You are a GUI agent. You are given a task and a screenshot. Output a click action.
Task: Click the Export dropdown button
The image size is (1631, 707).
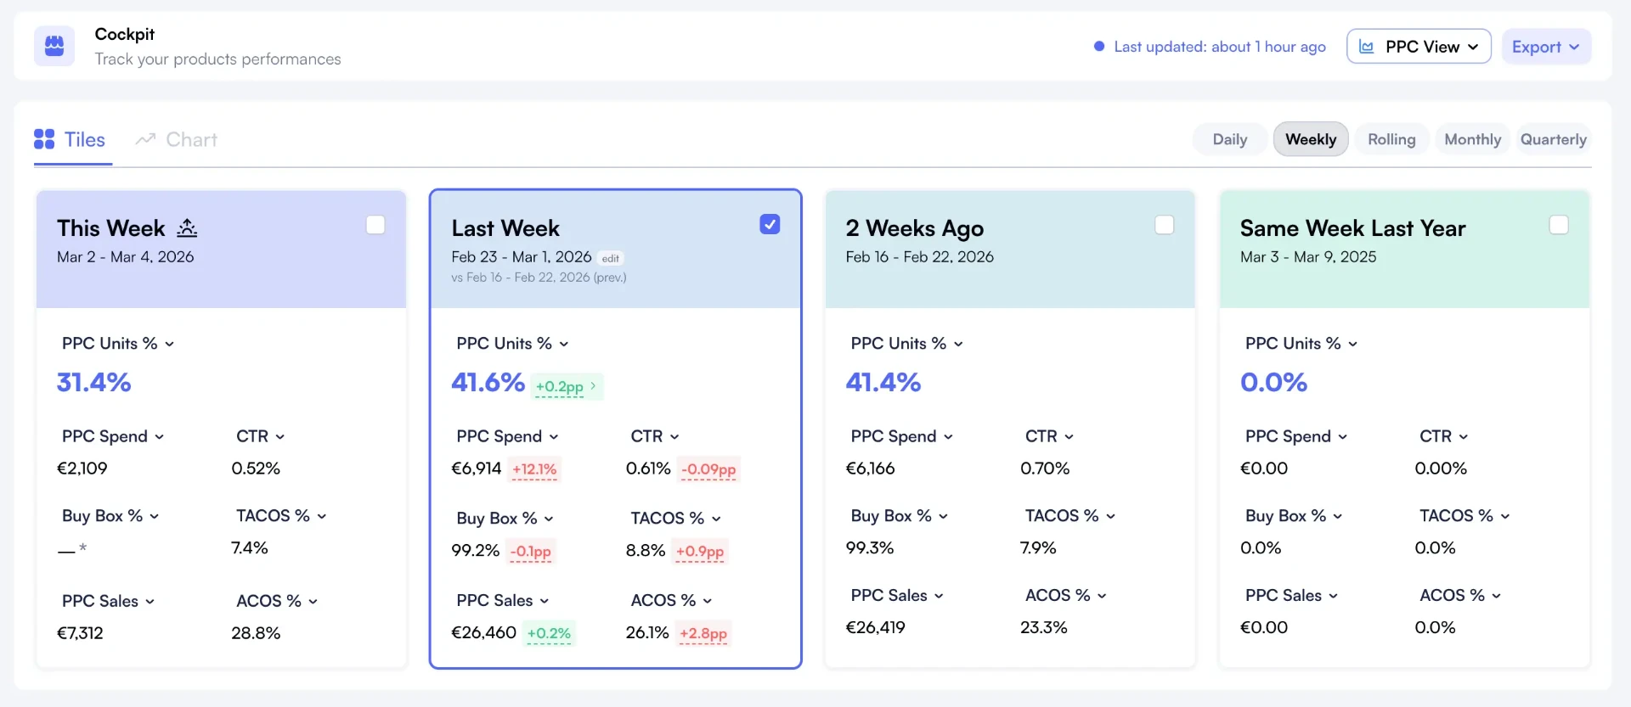tap(1546, 47)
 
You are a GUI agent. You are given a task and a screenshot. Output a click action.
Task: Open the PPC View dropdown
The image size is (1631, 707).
tap(1419, 47)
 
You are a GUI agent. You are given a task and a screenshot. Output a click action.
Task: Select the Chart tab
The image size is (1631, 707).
tap(177, 140)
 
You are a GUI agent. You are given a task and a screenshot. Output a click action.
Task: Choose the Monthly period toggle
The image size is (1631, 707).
tap(1472, 139)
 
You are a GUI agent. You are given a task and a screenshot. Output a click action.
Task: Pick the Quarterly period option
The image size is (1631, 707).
tap(1553, 139)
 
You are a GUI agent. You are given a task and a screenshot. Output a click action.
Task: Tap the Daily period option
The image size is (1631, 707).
tap(1229, 139)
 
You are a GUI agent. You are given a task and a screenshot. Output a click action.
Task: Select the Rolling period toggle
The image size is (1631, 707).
tap(1391, 139)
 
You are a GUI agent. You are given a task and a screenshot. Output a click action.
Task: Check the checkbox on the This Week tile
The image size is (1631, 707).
tap(375, 225)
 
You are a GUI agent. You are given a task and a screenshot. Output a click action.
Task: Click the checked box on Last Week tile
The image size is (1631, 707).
tap(770, 224)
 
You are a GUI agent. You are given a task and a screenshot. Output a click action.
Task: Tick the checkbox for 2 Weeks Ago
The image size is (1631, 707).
tap(1165, 225)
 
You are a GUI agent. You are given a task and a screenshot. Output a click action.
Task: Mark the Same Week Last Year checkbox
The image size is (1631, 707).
tap(1559, 225)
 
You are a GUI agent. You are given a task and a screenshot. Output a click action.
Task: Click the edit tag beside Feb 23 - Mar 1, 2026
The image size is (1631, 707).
tap(611, 258)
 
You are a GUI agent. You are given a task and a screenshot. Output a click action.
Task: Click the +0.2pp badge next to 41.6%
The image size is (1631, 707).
tap(567, 386)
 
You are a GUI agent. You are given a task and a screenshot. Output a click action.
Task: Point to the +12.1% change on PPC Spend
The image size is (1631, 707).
tap(534, 469)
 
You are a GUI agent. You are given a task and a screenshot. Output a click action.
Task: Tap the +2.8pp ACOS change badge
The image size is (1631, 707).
tap(703, 633)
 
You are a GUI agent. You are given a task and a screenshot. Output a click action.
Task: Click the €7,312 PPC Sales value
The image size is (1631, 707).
tap(80, 633)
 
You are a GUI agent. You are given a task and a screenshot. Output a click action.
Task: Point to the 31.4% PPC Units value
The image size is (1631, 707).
tap(94, 383)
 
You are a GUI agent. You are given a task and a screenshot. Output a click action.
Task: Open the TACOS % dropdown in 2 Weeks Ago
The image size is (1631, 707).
tap(1070, 516)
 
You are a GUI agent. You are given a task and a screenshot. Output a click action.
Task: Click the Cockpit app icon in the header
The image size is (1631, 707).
tap(54, 46)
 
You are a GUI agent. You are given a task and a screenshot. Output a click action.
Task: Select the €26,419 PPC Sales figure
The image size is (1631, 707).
tap(876, 628)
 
